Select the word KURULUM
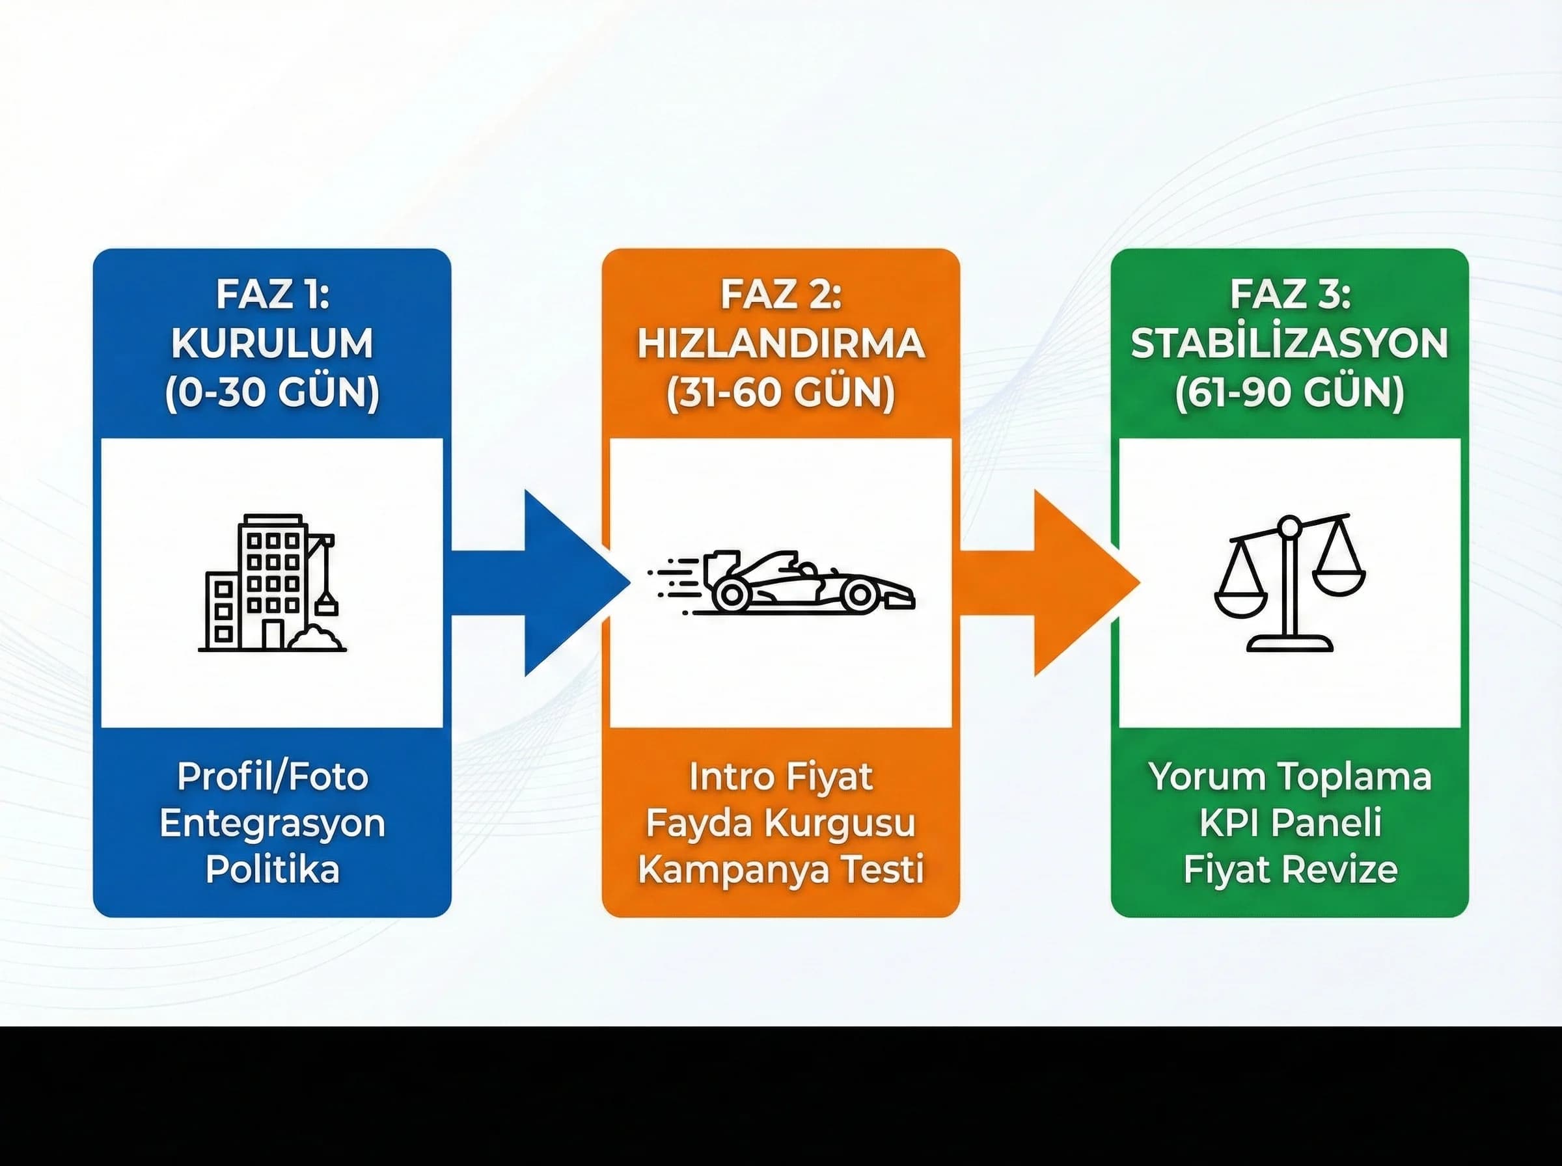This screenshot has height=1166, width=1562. [273, 344]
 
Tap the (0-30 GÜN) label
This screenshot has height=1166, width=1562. [273, 393]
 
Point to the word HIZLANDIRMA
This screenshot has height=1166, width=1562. [780, 344]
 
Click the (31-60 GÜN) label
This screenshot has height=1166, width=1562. [780, 393]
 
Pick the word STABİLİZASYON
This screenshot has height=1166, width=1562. [1289, 344]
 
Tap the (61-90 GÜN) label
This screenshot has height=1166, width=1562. [1289, 393]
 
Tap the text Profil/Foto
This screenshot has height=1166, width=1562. [273, 776]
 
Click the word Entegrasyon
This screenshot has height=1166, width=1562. [273, 823]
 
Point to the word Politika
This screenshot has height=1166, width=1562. [273, 869]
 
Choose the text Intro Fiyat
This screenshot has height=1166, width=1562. [780, 776]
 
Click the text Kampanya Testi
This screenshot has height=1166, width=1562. [780, 869]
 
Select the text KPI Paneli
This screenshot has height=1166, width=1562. [1289, 823]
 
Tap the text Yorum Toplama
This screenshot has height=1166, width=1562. [1289, 776]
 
